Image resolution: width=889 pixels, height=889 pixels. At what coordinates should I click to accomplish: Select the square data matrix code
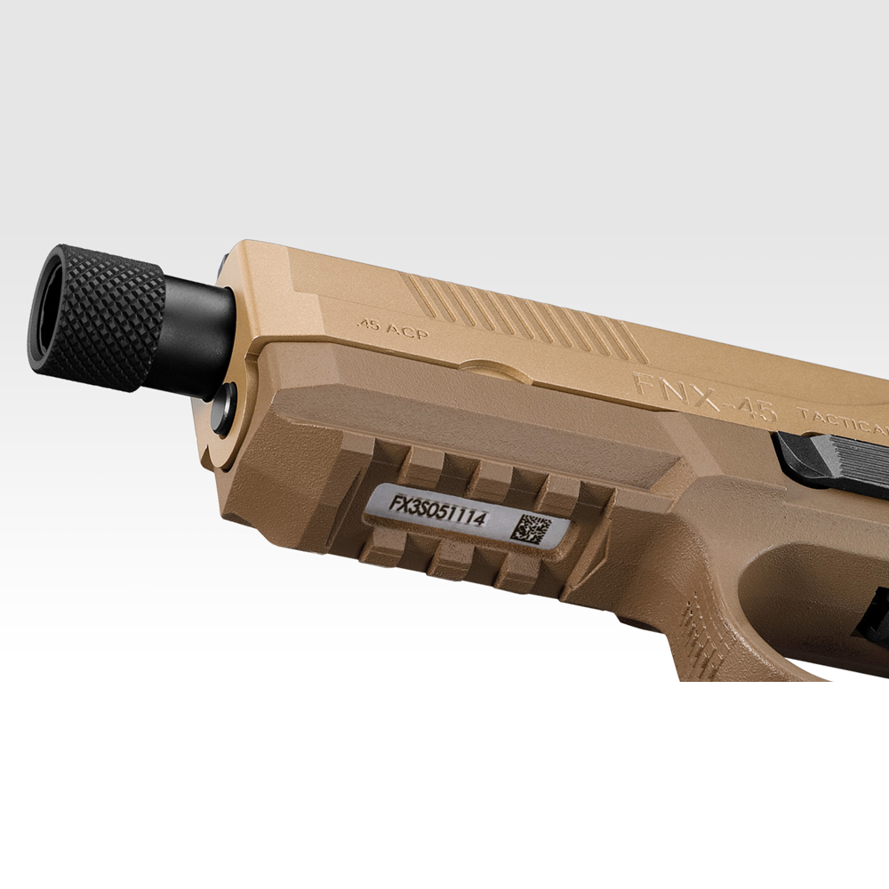(531, 528)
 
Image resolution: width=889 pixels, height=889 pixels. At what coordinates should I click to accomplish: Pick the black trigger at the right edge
(876, 613)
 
